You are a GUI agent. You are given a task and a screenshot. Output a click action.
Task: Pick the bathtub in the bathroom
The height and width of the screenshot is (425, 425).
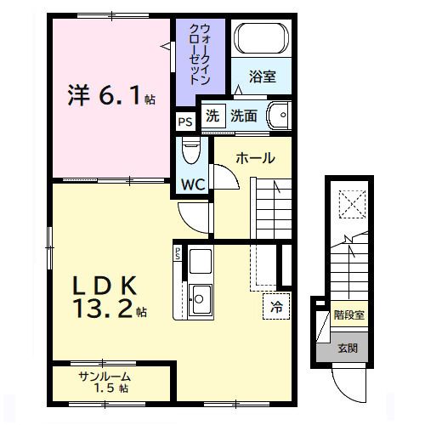pyautogui.click(x=262, y=37)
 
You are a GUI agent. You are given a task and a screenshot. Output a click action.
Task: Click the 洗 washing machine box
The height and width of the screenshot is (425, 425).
pyautogui.click(x=212, y=116)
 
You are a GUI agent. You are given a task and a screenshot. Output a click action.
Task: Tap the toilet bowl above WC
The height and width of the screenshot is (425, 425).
pyautogui.click(x=191, y=153)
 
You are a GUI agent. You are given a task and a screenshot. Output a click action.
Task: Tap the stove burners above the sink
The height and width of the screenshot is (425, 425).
pyautogui.click(x=200, y=261)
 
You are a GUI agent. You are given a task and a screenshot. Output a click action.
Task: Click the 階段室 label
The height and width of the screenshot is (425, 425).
pyautogui.click(x=348, y=314)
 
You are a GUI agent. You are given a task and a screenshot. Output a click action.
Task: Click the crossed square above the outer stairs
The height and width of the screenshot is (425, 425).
pyautogui.click(x=350, y=205)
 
